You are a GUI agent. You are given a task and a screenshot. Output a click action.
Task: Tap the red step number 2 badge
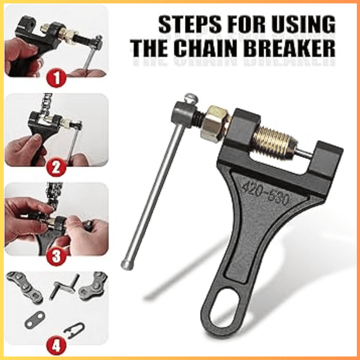(x=56, y=168)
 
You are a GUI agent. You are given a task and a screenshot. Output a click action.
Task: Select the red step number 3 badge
(x=56, y=257)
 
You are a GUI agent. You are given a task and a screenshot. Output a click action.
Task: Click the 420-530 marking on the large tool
(x=265, y=193)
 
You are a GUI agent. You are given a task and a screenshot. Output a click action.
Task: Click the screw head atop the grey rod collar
(x=191, y=98)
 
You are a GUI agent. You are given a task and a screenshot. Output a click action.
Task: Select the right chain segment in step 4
(x=93, y=287)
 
